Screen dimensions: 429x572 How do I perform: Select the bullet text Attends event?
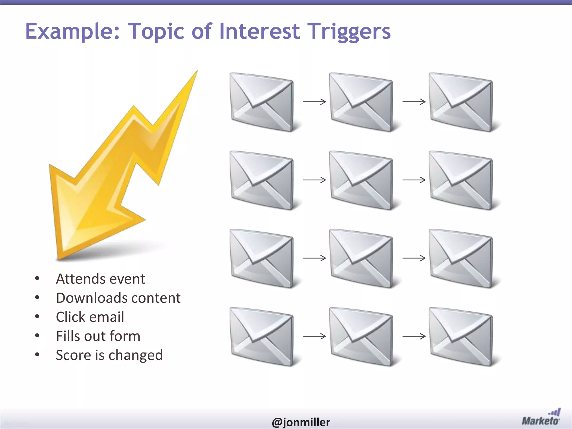tap(101, 279)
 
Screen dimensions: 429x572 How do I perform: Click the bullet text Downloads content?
tap(118, 298)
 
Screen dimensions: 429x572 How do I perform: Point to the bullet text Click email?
tap(90, 317)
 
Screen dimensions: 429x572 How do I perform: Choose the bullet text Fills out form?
tap(98, 336)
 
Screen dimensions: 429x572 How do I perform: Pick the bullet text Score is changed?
tap(109, 355)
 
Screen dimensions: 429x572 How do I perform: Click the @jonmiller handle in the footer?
tap(301, 422)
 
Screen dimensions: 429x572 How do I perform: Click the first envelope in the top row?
tap(262, 102)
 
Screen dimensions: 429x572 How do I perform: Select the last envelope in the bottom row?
tap(461, 337)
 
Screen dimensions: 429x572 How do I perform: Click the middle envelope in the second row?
tap(361, 180)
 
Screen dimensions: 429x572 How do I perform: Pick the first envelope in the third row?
tap(262, 259)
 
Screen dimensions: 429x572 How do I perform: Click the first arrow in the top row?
tap(314, 102)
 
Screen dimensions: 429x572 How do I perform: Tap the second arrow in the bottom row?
tap(414, 336)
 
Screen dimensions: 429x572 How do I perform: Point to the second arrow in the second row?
tap(414, 180)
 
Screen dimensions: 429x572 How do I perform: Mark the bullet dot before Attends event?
tap(37, 278)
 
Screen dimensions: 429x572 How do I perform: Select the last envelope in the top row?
tap(461, 102)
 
